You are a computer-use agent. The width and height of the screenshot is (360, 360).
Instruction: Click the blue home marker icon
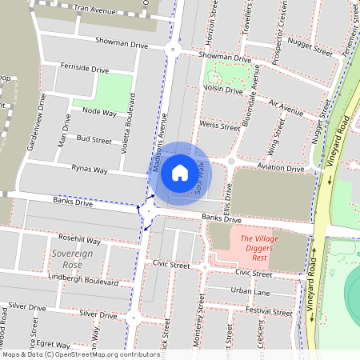click(180, 172)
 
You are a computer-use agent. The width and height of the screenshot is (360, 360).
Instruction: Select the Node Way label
click(100, 112)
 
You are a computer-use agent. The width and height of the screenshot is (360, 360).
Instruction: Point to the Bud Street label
click(94, 139)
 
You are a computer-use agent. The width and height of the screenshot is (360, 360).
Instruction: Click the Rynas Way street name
click(89, 170)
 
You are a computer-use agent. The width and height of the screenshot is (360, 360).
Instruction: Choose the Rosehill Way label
click(78, 239)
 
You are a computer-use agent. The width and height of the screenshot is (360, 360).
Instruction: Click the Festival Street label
click(270, 311)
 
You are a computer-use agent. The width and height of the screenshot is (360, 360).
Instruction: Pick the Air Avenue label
click(286, 106)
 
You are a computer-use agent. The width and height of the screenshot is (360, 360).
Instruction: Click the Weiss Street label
click(219, 126)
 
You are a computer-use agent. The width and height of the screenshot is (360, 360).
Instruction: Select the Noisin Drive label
click(222, 90)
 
